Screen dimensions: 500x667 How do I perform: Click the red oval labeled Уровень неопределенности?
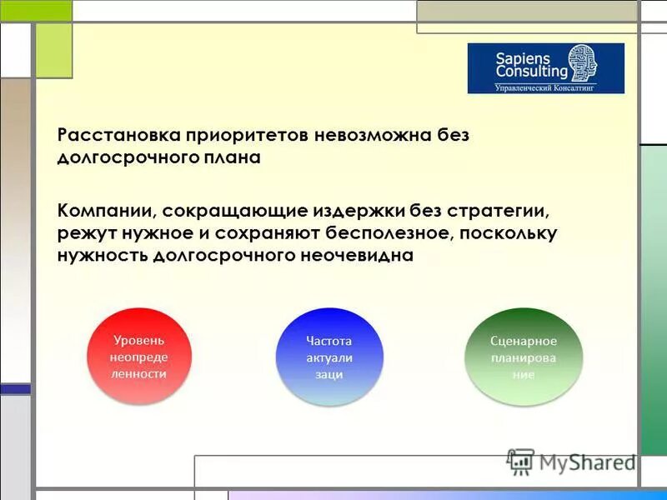tap(139, 357)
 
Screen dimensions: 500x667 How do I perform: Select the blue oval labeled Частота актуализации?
tap(328, 357)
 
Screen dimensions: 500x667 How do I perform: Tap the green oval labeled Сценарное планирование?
tap(523, 357)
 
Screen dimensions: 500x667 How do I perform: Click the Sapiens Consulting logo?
tap(545, 68)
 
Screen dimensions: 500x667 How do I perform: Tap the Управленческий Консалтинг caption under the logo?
tap(545, 87)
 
